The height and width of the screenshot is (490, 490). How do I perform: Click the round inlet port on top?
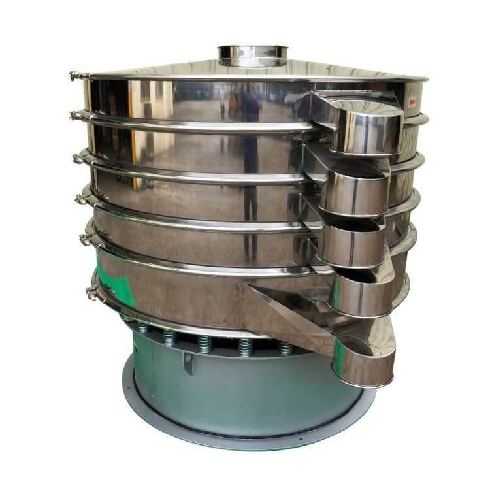(253, 52)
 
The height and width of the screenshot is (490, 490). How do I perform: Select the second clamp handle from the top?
(77, 116)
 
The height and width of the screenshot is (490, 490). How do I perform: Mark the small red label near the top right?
(412, 102)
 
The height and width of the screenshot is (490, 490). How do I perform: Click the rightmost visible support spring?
(286, 347)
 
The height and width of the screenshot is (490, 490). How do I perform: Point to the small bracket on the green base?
(189, 363)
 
